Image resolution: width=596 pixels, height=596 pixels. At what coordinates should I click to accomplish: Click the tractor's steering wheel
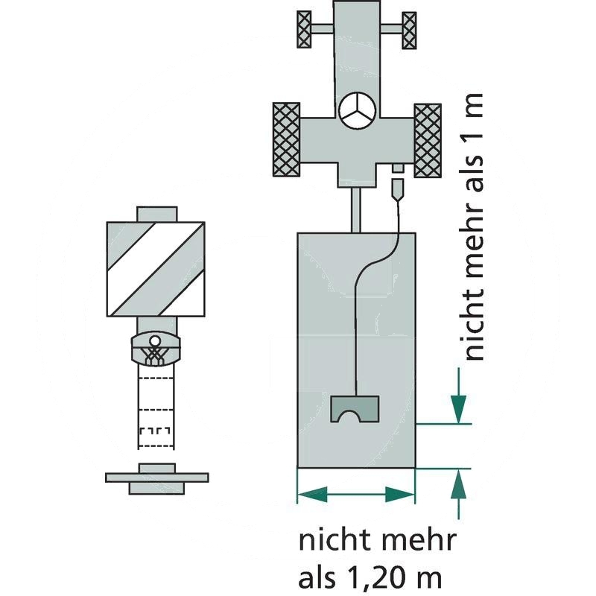358,112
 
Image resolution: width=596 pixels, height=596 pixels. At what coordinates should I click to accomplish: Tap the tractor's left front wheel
304,30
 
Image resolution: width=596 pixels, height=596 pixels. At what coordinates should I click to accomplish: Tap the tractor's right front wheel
409,31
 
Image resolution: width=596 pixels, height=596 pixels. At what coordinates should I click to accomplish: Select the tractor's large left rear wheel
286,139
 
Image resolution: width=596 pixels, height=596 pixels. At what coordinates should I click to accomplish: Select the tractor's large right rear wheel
428,140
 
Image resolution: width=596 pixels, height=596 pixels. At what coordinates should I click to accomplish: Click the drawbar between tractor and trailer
356,210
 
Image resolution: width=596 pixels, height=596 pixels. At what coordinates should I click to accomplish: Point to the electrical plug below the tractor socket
397,190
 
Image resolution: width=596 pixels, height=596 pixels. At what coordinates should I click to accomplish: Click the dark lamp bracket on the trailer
355,409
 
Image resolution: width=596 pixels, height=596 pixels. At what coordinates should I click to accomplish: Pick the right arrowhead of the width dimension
400,495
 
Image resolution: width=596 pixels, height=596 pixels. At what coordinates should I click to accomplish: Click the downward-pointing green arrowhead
458,409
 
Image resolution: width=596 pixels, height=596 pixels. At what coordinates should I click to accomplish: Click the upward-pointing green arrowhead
458,484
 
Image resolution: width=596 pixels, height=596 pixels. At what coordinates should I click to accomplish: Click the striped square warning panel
156,269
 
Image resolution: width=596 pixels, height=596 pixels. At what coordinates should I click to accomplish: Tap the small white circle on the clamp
154,340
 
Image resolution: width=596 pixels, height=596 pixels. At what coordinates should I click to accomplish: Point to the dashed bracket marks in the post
155,431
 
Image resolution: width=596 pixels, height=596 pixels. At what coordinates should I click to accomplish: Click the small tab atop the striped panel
157,214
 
